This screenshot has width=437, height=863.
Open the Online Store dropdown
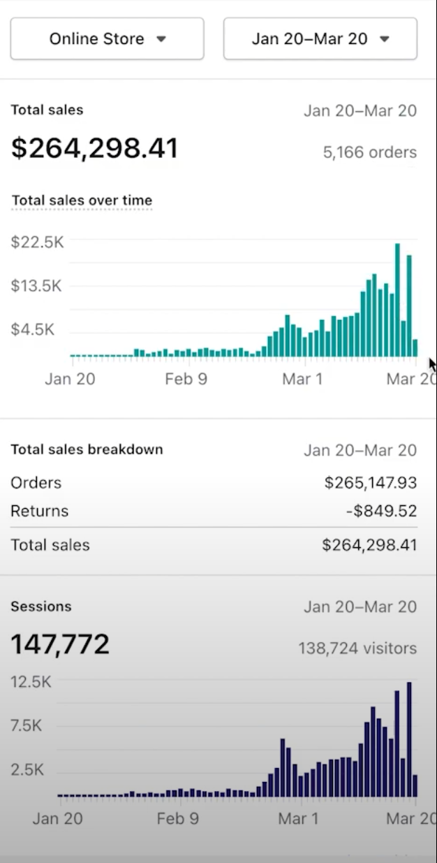(107, 38)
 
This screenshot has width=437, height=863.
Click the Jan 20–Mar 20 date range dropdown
(320, 38)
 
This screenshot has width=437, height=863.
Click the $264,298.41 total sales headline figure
(94, 148)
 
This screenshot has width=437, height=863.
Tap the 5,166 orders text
(369, 152)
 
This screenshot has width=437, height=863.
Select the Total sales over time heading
(82, 201)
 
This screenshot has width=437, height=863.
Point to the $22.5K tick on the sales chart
(37, 242)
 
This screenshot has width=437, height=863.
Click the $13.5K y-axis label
(37, 286)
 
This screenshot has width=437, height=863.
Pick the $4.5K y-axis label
(33, 330)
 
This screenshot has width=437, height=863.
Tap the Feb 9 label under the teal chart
(186, 379)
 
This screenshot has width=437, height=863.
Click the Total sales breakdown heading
(87, 449)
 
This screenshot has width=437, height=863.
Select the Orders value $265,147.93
(371, 483)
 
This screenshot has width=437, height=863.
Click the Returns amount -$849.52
(381, 511)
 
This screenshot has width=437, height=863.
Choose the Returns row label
(40, 511)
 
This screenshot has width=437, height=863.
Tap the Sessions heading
(41, 606)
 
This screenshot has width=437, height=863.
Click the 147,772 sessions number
(60, 644)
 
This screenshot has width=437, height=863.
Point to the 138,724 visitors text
(357, 648)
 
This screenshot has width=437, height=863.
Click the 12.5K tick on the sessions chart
(31, 682)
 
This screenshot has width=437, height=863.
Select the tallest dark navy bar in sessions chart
(409, 739)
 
